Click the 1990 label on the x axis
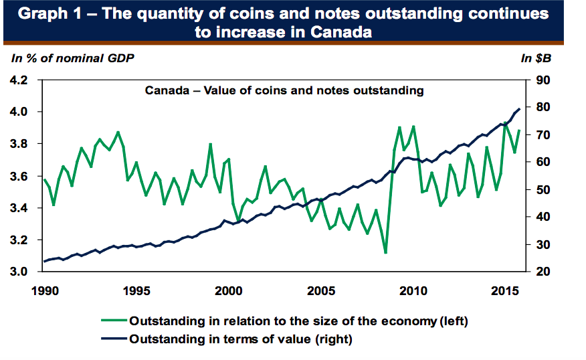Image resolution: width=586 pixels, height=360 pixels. tap(44, 291)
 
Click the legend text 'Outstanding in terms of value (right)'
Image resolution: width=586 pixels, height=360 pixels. tap(240, 339)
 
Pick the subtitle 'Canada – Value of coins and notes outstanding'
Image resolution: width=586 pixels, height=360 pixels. tap(284, 90)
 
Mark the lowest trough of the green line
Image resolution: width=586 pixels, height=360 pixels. tap(385, 253)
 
